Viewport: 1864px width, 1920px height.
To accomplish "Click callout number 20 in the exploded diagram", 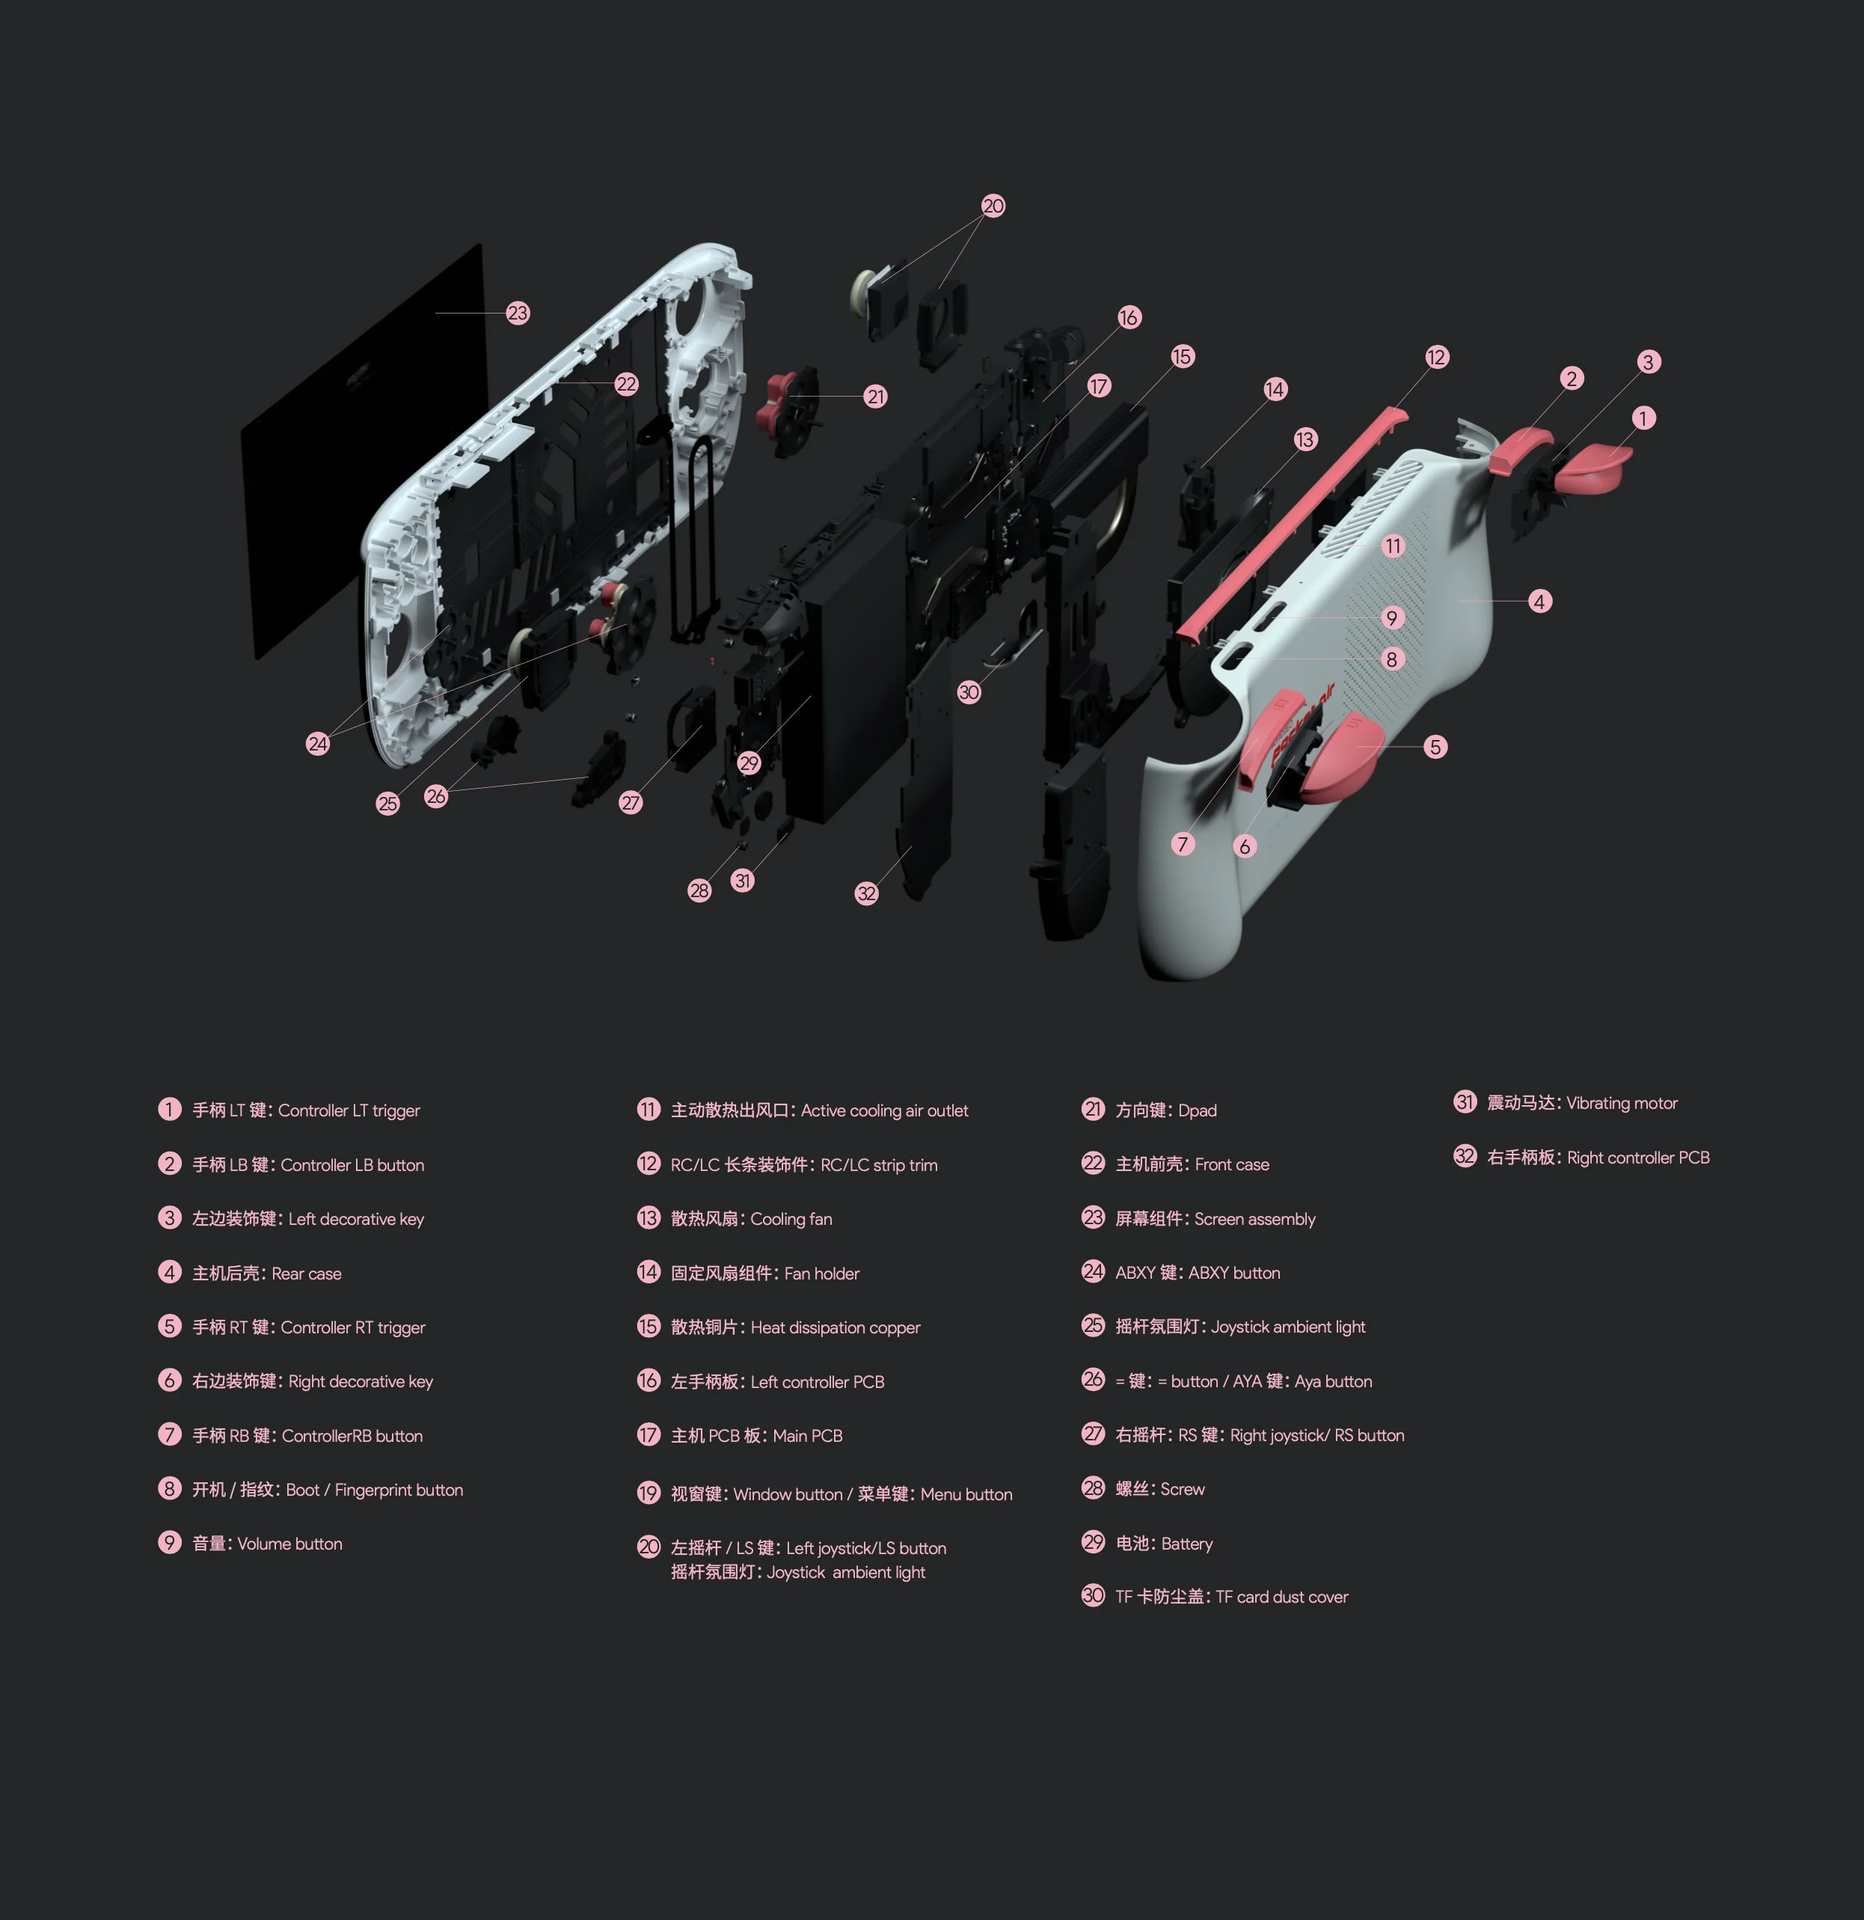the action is (993, 206).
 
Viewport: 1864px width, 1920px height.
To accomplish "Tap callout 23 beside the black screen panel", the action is (517, 314).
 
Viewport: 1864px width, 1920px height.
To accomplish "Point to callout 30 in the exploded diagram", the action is (969, 693).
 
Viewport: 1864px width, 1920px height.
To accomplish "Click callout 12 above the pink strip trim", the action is (1436, 358).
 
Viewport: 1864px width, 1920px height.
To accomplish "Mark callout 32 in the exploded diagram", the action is (867, 893).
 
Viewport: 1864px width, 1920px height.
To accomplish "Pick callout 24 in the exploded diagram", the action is (317, 744).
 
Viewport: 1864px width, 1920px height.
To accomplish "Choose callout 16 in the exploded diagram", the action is (1129, 317).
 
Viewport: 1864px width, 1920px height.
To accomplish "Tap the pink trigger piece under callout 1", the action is (1592, 465).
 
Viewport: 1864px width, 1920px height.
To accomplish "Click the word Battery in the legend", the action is (1186, 1544).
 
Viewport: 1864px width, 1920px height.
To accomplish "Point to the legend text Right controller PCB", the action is (1638, 1158).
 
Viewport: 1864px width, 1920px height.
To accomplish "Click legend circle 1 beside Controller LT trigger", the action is (170, 1109).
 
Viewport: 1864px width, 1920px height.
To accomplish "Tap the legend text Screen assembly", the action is (1254, 1220).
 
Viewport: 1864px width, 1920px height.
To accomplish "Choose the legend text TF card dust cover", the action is (1281, 1597).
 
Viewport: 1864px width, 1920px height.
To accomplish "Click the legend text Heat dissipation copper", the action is (836, 1328).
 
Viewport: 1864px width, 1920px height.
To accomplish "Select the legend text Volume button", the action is (290, 1544).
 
